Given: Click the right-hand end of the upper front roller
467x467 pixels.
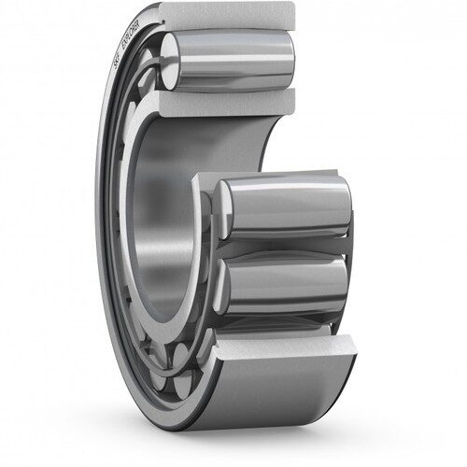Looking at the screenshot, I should (x=346, y=205).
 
